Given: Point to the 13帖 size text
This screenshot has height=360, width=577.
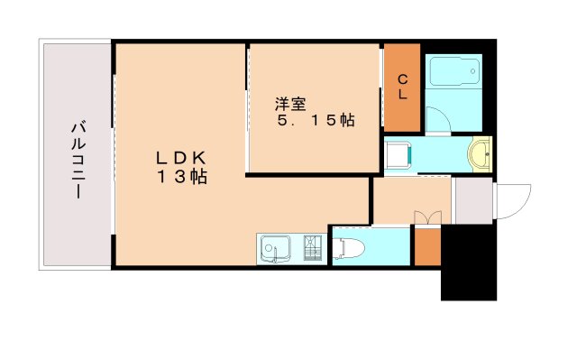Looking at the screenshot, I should pyautogui.click(x=184, y=178).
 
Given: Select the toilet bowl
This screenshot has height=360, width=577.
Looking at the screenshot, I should pyautogui.click(x=349, y=245).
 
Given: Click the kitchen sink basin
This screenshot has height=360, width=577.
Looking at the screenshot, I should pyautogui.click(x=275, y=248).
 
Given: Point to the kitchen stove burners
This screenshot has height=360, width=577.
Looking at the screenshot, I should pyautogui.click(x=312, y=248).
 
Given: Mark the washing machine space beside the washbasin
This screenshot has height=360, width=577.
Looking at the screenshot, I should pyautogui.click(x=398, y=154).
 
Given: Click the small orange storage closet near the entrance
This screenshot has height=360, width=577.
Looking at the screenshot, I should pyautogui.click(x=426, y=247).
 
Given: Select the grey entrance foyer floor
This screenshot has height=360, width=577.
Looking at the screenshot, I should pyautogui.click(x=472, y=200).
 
